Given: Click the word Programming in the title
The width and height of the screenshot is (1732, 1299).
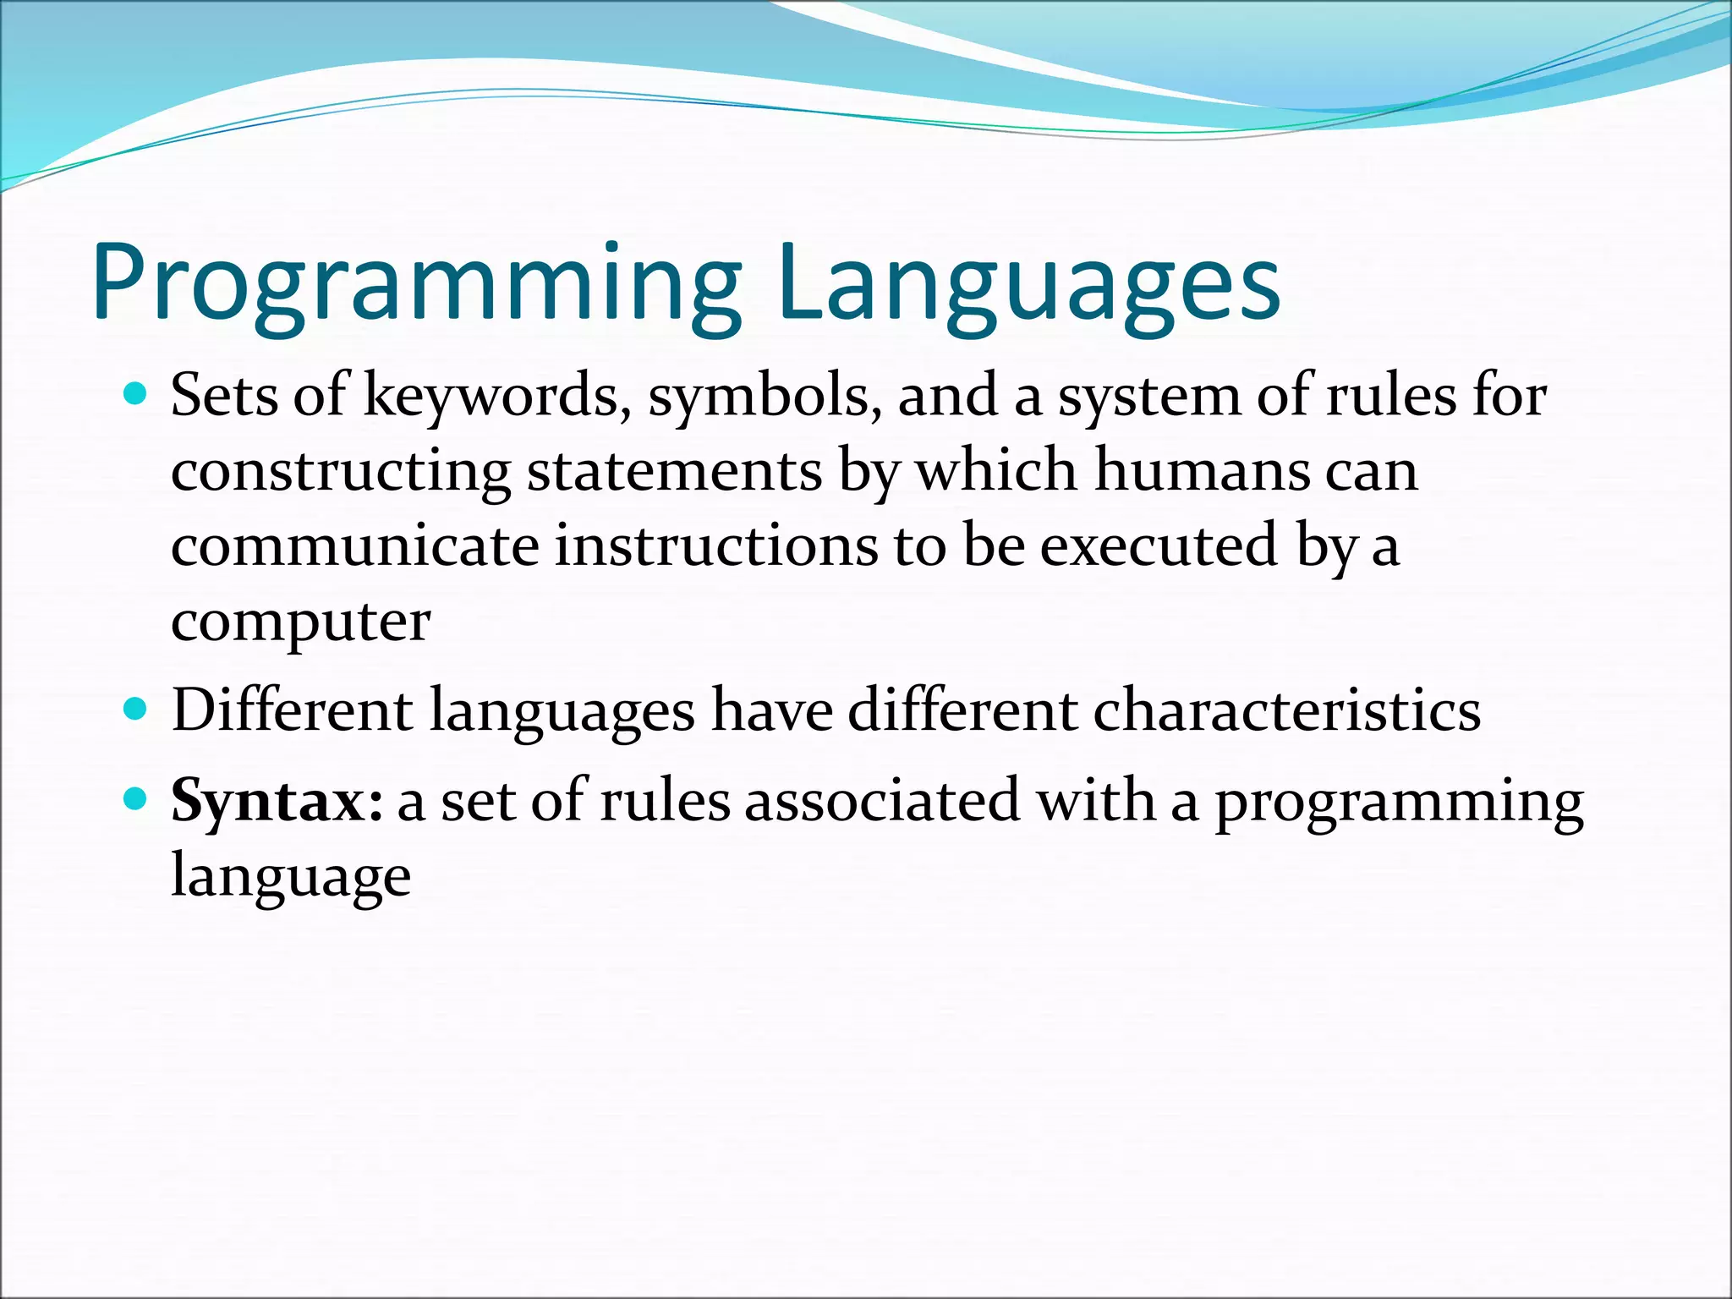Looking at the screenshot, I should (414, 283).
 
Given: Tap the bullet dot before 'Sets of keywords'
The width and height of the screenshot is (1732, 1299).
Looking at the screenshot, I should (134, 393).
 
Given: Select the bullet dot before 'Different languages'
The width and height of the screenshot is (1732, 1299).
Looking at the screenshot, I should (134, 708).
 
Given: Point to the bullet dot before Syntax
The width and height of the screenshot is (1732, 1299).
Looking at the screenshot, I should (134, 797).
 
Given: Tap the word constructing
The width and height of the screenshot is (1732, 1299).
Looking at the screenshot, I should (341, 471).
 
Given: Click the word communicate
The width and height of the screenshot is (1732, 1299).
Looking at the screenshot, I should (354, 545).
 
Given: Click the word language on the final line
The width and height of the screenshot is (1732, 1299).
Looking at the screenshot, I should (290, 877).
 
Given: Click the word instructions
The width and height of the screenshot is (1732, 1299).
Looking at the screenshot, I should (715, 545).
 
